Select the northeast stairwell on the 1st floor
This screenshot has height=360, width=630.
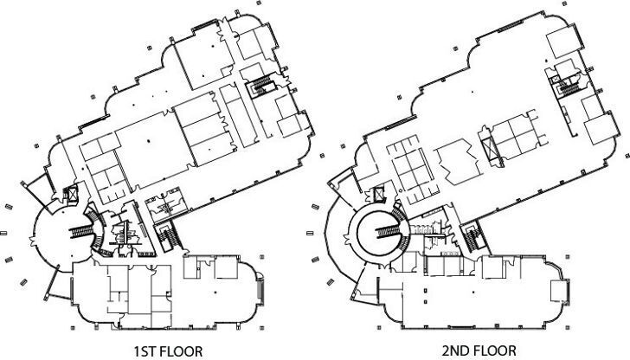[260, 86]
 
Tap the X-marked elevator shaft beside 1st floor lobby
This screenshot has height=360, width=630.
[72, 196]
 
